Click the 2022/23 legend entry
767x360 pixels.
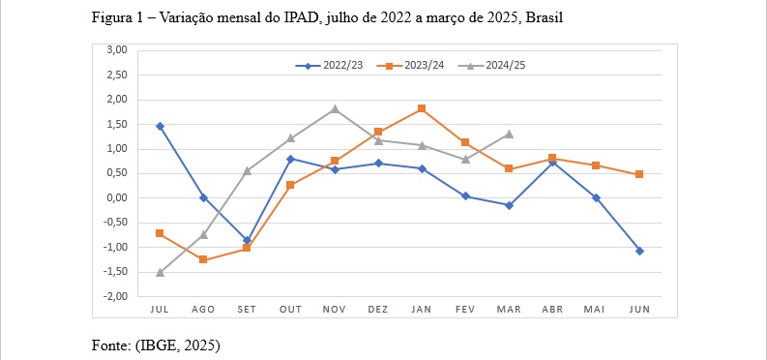(331, 66)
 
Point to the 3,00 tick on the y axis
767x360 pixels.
(116, 49)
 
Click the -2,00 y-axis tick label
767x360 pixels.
(114, 297)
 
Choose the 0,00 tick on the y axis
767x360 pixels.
(116, 197)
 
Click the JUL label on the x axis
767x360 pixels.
(160, 309)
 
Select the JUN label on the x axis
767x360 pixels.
(639, 309)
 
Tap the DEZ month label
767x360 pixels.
(378, 309)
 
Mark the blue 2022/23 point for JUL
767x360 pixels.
(160, 126)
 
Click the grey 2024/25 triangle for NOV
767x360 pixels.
(335, 108)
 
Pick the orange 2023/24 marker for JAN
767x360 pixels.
(422, 108)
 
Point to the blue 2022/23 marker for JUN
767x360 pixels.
(639, 251)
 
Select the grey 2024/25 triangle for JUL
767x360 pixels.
(160, 273)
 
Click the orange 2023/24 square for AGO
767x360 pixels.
(203, 259)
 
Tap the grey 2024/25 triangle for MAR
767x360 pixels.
(509, 134)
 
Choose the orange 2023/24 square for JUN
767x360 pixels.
(639, 174)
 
